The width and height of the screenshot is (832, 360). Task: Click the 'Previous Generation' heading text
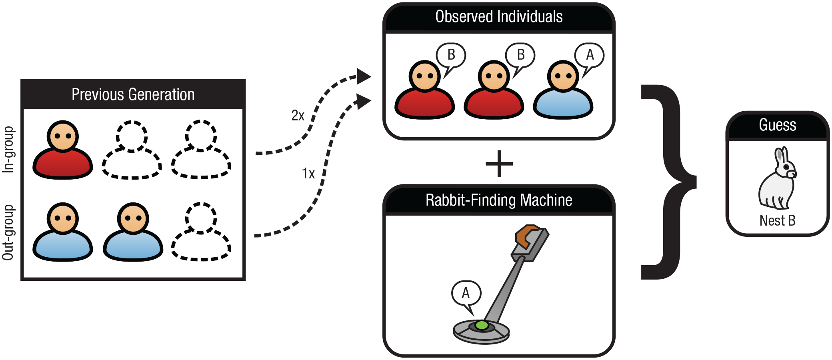[x=133, y=95]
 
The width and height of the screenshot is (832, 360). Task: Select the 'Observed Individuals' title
[x=499, y=17]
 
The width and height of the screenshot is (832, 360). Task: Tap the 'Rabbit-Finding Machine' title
[x=499, y=200]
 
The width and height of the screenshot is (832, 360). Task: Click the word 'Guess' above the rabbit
[x=778, y=125]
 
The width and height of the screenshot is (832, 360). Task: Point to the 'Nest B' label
[x=778, y=220]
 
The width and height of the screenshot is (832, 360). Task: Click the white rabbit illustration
[x=778, y=178]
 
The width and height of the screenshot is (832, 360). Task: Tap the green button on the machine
[x=482, y=325]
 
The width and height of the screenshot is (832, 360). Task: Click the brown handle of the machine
[x=527, y=236]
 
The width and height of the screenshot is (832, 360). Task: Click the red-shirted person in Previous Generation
[x=63, y=150]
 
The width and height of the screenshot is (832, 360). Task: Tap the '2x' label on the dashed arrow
[x=298, y=116]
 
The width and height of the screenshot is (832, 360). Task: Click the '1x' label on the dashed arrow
[x=308, y=174]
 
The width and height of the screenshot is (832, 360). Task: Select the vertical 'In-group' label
[x=8, y=150]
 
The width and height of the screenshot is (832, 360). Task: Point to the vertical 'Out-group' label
[x=8, y=232]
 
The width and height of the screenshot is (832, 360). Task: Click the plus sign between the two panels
[x=499, y=164]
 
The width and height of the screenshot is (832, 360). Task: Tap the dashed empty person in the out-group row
[x=201, y=232]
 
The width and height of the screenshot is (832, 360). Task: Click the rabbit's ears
[x=781, y=155]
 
